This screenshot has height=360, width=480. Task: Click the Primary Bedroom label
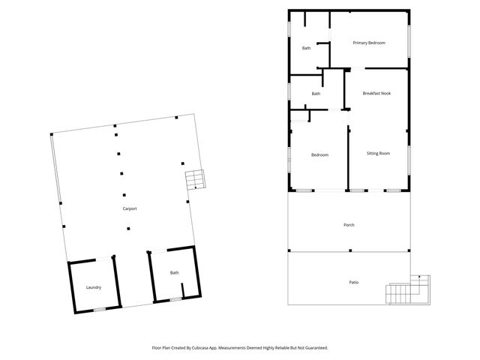point(369,43)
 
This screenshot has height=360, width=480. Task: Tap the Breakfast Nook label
point(376,93)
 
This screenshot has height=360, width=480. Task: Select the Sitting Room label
point(378,154)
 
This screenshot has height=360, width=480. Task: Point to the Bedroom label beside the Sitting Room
point(320,155)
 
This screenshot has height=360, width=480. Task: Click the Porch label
point(349,225)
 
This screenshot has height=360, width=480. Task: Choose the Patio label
point(353,282)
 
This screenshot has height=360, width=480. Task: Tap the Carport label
point(130,208)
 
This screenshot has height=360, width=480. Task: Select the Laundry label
point(94,287)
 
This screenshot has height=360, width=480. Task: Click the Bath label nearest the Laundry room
point(174,273)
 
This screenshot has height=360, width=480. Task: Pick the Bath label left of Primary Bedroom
point(306,49)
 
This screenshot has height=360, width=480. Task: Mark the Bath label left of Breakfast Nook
point(316,94)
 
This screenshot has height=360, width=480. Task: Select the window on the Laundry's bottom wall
point(99,310)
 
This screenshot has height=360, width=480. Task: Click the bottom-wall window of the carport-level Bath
point(175,299)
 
